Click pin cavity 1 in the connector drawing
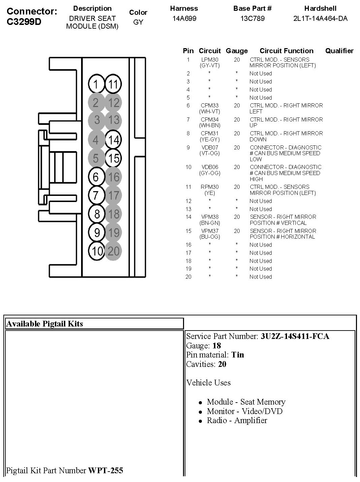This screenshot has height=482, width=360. click(x=97, y=84)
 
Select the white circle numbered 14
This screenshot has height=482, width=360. click(x=113, y=140)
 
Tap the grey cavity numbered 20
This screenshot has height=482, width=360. click(x=113, y=251)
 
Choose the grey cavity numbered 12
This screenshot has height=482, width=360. click(x=113, y=103)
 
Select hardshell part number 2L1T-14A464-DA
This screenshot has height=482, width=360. click(x=320, y=19)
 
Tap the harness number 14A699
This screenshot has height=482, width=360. click(x=184, y=19)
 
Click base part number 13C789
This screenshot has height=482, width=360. click(x=252, y=19)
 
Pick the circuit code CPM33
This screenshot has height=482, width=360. click(x=210, y=105)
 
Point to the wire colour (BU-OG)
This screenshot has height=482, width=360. click(x=210, y=237)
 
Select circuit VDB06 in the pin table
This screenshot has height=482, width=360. click(x=210, y=167)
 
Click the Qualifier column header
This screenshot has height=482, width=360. click(x=339, y=51)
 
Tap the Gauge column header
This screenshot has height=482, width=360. click(x=237, y=51)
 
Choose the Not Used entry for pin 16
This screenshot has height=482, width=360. click(x=260, y=245)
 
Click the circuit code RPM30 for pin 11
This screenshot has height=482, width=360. click(x=210, y=187)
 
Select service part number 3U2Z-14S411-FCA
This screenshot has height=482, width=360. click(x=295, y=336)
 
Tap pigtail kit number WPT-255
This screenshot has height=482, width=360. click(x=106, y=470)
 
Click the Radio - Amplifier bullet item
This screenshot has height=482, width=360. click(x=237, y=420)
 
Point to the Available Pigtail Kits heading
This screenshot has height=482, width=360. click(x=45, y=324)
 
